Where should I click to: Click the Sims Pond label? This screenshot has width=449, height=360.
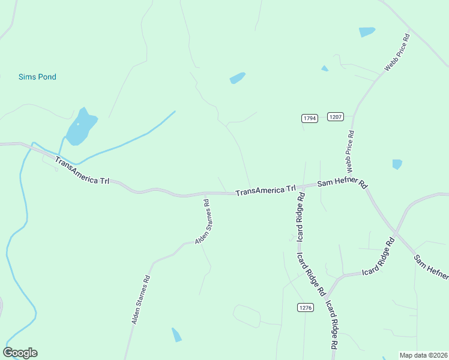coord(37,77)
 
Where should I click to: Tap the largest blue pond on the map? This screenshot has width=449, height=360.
coord(80,128)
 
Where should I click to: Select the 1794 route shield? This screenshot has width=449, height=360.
coord(309,118)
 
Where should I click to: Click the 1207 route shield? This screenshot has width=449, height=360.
coord(335,116)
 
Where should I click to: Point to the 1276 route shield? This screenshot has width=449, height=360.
coord(305,307)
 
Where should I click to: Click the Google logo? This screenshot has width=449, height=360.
coord(20,353)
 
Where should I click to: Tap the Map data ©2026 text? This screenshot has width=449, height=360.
coord(423,355)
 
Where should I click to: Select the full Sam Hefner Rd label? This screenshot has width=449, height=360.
coord(342,184)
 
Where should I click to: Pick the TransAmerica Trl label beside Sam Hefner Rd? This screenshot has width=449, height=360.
coord(266,190)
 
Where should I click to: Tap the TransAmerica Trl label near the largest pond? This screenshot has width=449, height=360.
coord(82,171)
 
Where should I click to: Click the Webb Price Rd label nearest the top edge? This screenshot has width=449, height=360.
coord(397,53)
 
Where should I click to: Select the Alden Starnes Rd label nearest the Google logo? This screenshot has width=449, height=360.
coord(140,300)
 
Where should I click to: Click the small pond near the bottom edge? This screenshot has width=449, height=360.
coord(176,335)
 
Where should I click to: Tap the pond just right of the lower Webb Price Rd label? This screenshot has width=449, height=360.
coord(397,164)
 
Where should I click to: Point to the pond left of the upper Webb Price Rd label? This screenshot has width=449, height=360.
coord(367,31)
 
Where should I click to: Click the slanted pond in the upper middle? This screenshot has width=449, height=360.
coord(238,78)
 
